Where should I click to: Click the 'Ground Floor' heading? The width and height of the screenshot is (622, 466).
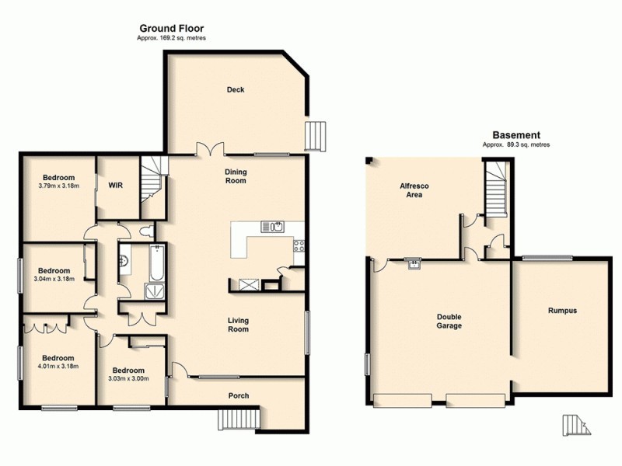pos(171,29)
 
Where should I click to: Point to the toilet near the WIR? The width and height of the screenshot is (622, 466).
pos(145,231)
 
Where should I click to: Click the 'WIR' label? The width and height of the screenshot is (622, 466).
pos(116,186)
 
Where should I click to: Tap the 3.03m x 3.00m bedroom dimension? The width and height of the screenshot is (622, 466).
pos(128,378)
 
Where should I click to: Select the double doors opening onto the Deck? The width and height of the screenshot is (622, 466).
pos(209,149)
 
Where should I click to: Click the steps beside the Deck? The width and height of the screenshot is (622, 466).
pos(317,137)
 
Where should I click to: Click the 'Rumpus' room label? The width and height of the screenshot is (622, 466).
pos(561,310)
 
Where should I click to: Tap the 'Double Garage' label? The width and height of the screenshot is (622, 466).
pos(449,322)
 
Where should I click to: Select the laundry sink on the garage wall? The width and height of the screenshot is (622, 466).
pos(415,263)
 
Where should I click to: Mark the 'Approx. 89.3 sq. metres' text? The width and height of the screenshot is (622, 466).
pos(512,144)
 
